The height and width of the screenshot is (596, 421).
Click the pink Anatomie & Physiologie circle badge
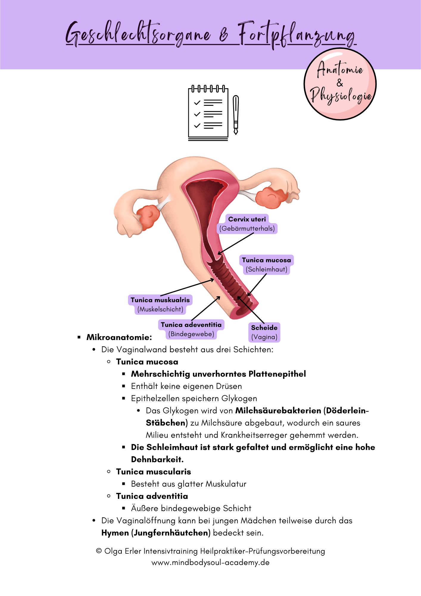click(x=340, y=84)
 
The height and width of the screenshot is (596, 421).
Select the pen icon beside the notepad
click(x=236, y=115)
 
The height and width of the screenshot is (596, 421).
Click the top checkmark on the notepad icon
click(x=197, y=103)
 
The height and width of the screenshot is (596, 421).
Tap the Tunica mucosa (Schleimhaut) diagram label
click(x=266, y=265)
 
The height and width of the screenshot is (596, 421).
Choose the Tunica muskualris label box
click(x=160, y=305)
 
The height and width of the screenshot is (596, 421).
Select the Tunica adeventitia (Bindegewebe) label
click(x=191, y=329)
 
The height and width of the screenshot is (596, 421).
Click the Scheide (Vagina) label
click(x=264, y=332)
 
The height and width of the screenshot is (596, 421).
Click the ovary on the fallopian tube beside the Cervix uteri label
click(x=271, y=197)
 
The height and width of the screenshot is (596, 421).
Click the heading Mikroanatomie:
click(x=119, y=337)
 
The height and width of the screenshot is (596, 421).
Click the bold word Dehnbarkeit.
click(x=157, y=460)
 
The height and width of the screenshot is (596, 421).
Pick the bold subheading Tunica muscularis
click(x=154, y=472)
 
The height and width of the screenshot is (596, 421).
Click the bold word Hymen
click(x=115, y=533)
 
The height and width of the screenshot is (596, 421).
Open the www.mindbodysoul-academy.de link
click(x=210, y=563)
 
